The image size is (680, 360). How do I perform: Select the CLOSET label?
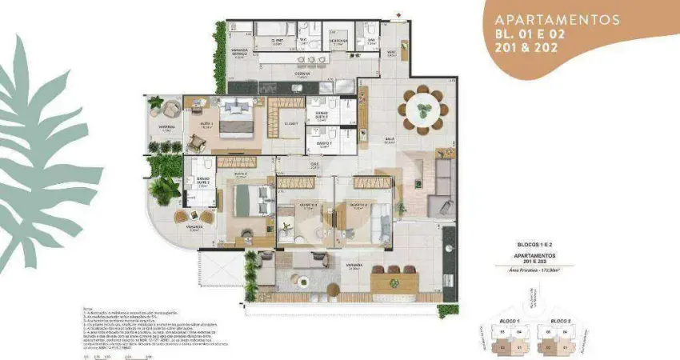290,123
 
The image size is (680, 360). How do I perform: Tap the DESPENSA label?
339,40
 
